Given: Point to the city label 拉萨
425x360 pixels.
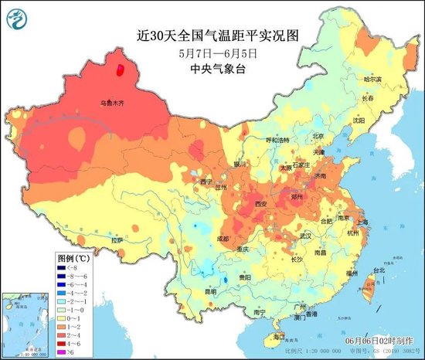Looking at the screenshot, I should (117, 240).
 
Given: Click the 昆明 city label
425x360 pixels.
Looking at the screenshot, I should (200, 292).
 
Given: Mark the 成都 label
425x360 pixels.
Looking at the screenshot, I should (223, 239).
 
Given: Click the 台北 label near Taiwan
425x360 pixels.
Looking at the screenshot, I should (379, 270).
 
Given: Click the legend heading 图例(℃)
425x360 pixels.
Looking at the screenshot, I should (74, 255).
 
